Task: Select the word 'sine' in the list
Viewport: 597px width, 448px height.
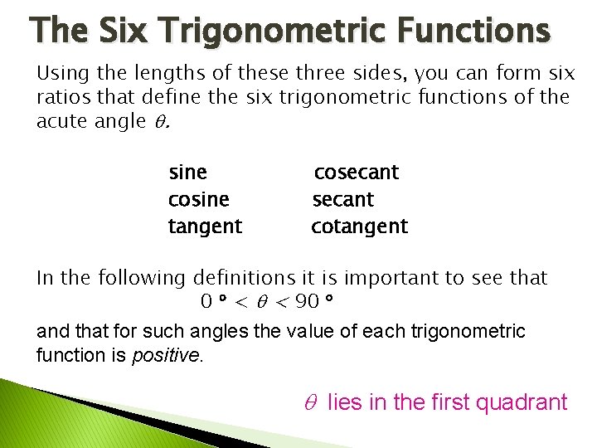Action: [x=187, y=173]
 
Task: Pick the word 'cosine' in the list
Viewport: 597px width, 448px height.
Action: [x=198, y=200]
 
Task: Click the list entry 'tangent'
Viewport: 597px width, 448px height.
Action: [x=205, y=226]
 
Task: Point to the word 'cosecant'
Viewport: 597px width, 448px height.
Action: [x=357, y=173]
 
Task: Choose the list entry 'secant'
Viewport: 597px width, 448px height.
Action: [x=343, y=200]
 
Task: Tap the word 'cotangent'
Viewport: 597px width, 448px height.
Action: [x=360, y=226]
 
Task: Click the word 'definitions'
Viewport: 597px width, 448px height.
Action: [x=243, y=277]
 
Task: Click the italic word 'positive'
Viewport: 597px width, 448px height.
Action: [x=166, y=355]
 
